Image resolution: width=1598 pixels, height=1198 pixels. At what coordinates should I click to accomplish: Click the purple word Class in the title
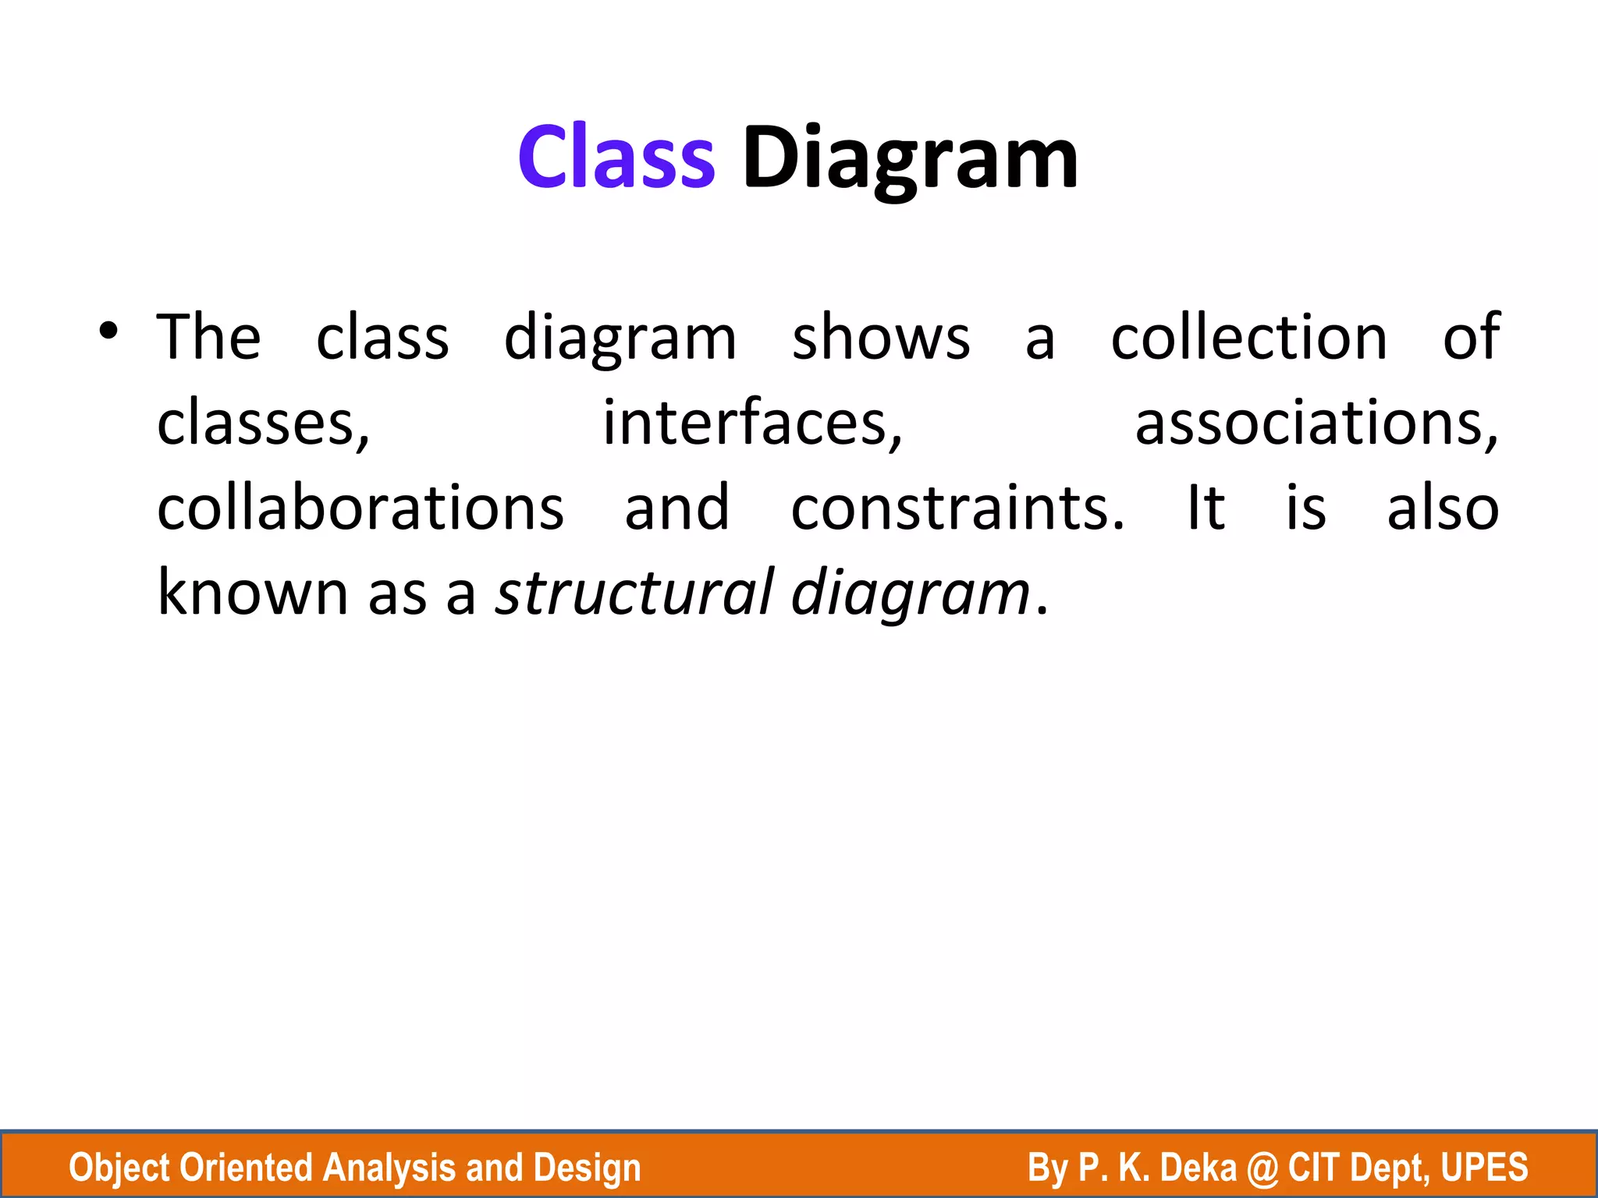coord(616,158)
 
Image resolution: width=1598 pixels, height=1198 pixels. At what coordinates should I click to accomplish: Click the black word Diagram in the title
coord(910,160)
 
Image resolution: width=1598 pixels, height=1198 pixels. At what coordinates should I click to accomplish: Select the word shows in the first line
coord(881,338)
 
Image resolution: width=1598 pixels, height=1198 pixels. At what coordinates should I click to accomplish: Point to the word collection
coord(1248,338)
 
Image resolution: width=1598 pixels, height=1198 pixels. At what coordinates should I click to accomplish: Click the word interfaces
coord(752,424)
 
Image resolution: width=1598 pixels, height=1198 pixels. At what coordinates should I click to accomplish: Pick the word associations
coord(1316,424)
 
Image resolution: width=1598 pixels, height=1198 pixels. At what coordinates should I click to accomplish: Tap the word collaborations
coord(360,509)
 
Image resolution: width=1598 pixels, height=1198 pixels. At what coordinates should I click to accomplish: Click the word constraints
coord(957,509)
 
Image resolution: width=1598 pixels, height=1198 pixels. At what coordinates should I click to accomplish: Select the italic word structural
coord(634,593)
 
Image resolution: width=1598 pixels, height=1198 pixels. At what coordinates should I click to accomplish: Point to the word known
coord(252,593)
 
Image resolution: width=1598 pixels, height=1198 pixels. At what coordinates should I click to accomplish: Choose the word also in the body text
coord(1442,509)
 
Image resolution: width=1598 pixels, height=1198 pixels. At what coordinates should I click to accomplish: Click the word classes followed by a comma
coord(263,424)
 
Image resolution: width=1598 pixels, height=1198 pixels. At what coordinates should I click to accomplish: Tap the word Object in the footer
coord(119,1168)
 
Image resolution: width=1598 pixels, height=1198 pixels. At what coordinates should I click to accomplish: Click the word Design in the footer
coord(587,1168)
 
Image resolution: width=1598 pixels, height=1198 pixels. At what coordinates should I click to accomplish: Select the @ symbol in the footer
coord(1263,1168)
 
